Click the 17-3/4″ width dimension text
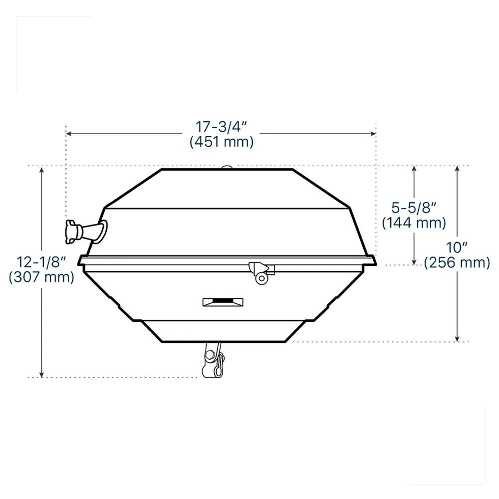click(x=221, y=127)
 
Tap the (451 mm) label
click(x=222, y=141)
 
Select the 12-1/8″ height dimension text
click(x=41, y=262)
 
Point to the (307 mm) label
click(x=41, y=277)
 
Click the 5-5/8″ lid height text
click(x=413, y=208)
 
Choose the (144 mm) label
click(x=414, y=223)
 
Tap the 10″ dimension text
click(x=457, y=248)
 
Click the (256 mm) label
click(x=457, y=262)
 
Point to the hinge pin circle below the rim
click(x=261, y=278)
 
